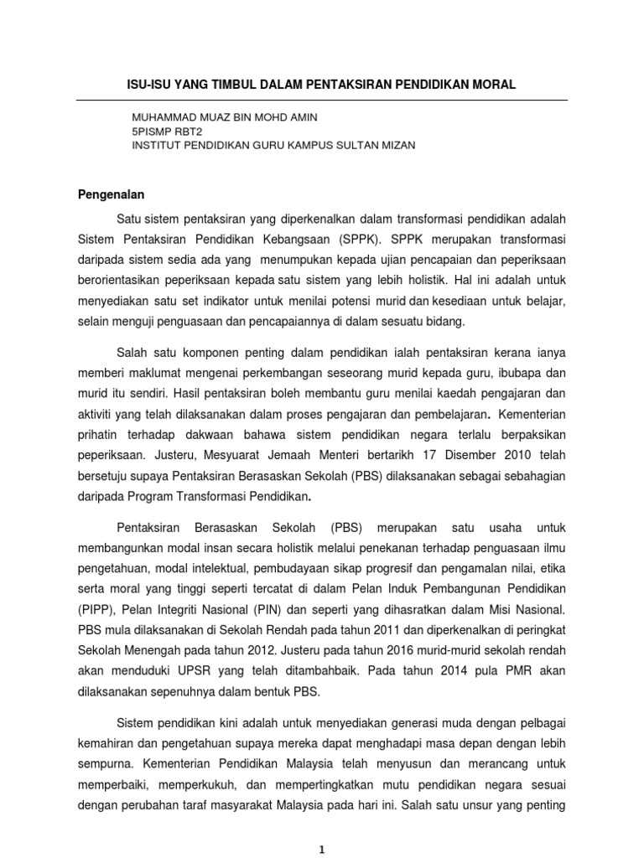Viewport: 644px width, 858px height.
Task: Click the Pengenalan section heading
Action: pyautogui.click(x=112, y=194)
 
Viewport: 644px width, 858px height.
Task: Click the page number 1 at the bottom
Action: pyautogui.click(x=323, y=849)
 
